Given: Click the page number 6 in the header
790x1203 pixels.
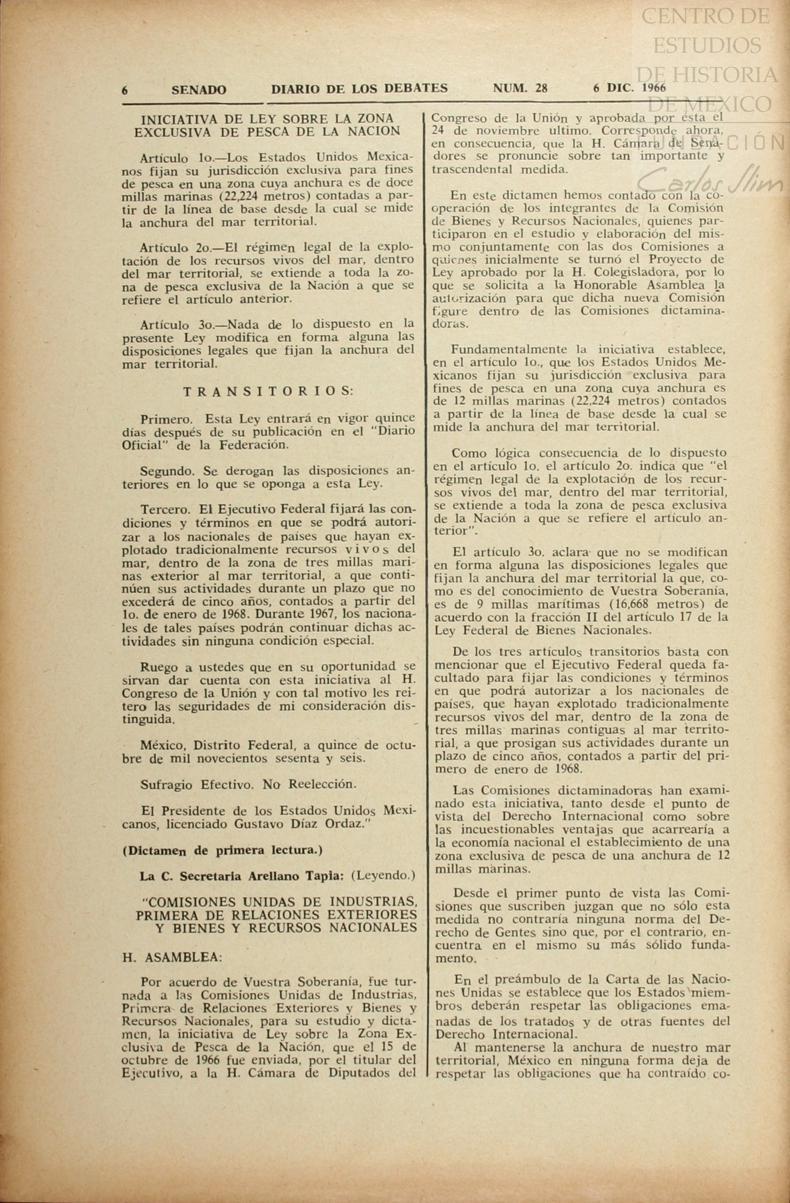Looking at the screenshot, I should pos(125,90).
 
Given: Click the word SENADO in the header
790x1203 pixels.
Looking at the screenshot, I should pos(199,90).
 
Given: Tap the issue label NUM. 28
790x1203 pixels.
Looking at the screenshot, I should pos(520,88).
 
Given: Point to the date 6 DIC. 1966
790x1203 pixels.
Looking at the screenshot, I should pos(629,88).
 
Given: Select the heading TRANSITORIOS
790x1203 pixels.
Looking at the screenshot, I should pos(268,391).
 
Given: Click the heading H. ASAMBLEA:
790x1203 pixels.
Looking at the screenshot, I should pos(172,957).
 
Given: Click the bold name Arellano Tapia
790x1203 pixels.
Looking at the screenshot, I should pos(304,876).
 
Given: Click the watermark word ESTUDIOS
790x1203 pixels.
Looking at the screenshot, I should pos(707,45).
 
